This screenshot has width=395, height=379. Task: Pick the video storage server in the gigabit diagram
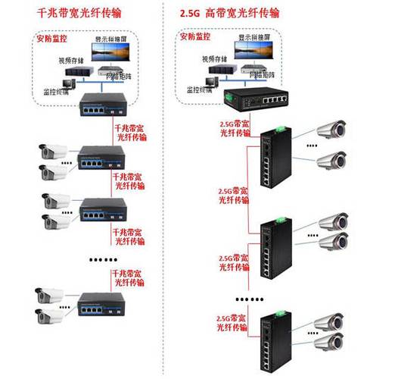click(x=73, y=74)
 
